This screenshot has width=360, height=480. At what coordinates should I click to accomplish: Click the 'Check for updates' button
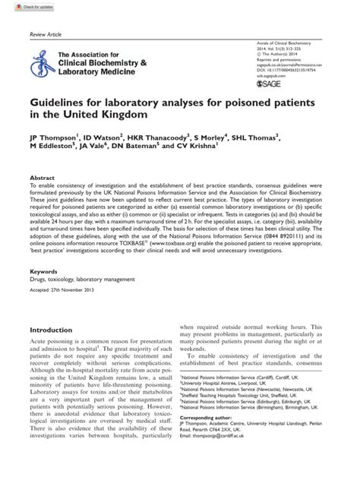(23, 6)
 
